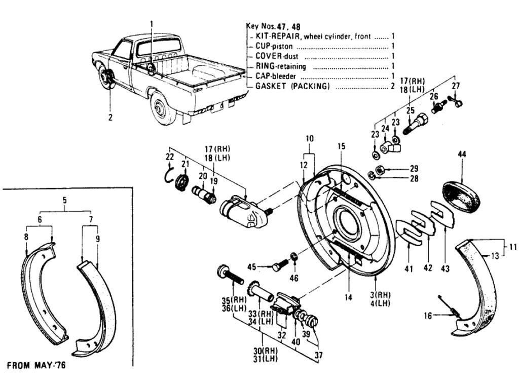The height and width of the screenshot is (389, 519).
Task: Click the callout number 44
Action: [462, 154]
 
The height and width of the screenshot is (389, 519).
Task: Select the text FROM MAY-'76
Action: [35, 365]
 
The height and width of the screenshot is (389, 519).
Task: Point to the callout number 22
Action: [170, 158]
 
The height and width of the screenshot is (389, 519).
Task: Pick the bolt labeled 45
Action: [279, 266]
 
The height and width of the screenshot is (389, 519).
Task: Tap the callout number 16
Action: [429, 315]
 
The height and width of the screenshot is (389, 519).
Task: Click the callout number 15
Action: [342, 146]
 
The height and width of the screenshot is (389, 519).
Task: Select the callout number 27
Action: [456, 86]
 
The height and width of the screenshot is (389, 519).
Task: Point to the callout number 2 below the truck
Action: [110, 118]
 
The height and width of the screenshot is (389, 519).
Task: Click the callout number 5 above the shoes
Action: [65, 200]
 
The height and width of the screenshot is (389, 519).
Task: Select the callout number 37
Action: [318, 356]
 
